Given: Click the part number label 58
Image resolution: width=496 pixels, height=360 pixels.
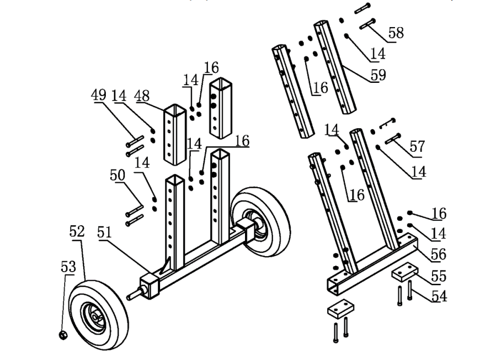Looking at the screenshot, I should tap(395, 33).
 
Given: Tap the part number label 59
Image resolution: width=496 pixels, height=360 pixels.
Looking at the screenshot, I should tap(378, 74).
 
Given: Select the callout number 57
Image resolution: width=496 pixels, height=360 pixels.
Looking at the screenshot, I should tap(417, 147).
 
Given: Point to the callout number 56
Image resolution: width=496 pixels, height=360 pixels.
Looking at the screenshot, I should tap(438, 255).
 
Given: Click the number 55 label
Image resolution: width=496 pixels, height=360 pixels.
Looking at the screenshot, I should tap(438, 276).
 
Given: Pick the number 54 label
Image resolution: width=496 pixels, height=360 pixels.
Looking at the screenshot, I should tap(439, 297).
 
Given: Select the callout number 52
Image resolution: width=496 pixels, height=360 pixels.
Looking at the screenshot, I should tap(77, 232).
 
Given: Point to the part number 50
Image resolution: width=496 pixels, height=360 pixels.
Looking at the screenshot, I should tap(118, 176).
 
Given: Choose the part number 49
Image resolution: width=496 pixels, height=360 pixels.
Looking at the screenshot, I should tap(99, 95).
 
